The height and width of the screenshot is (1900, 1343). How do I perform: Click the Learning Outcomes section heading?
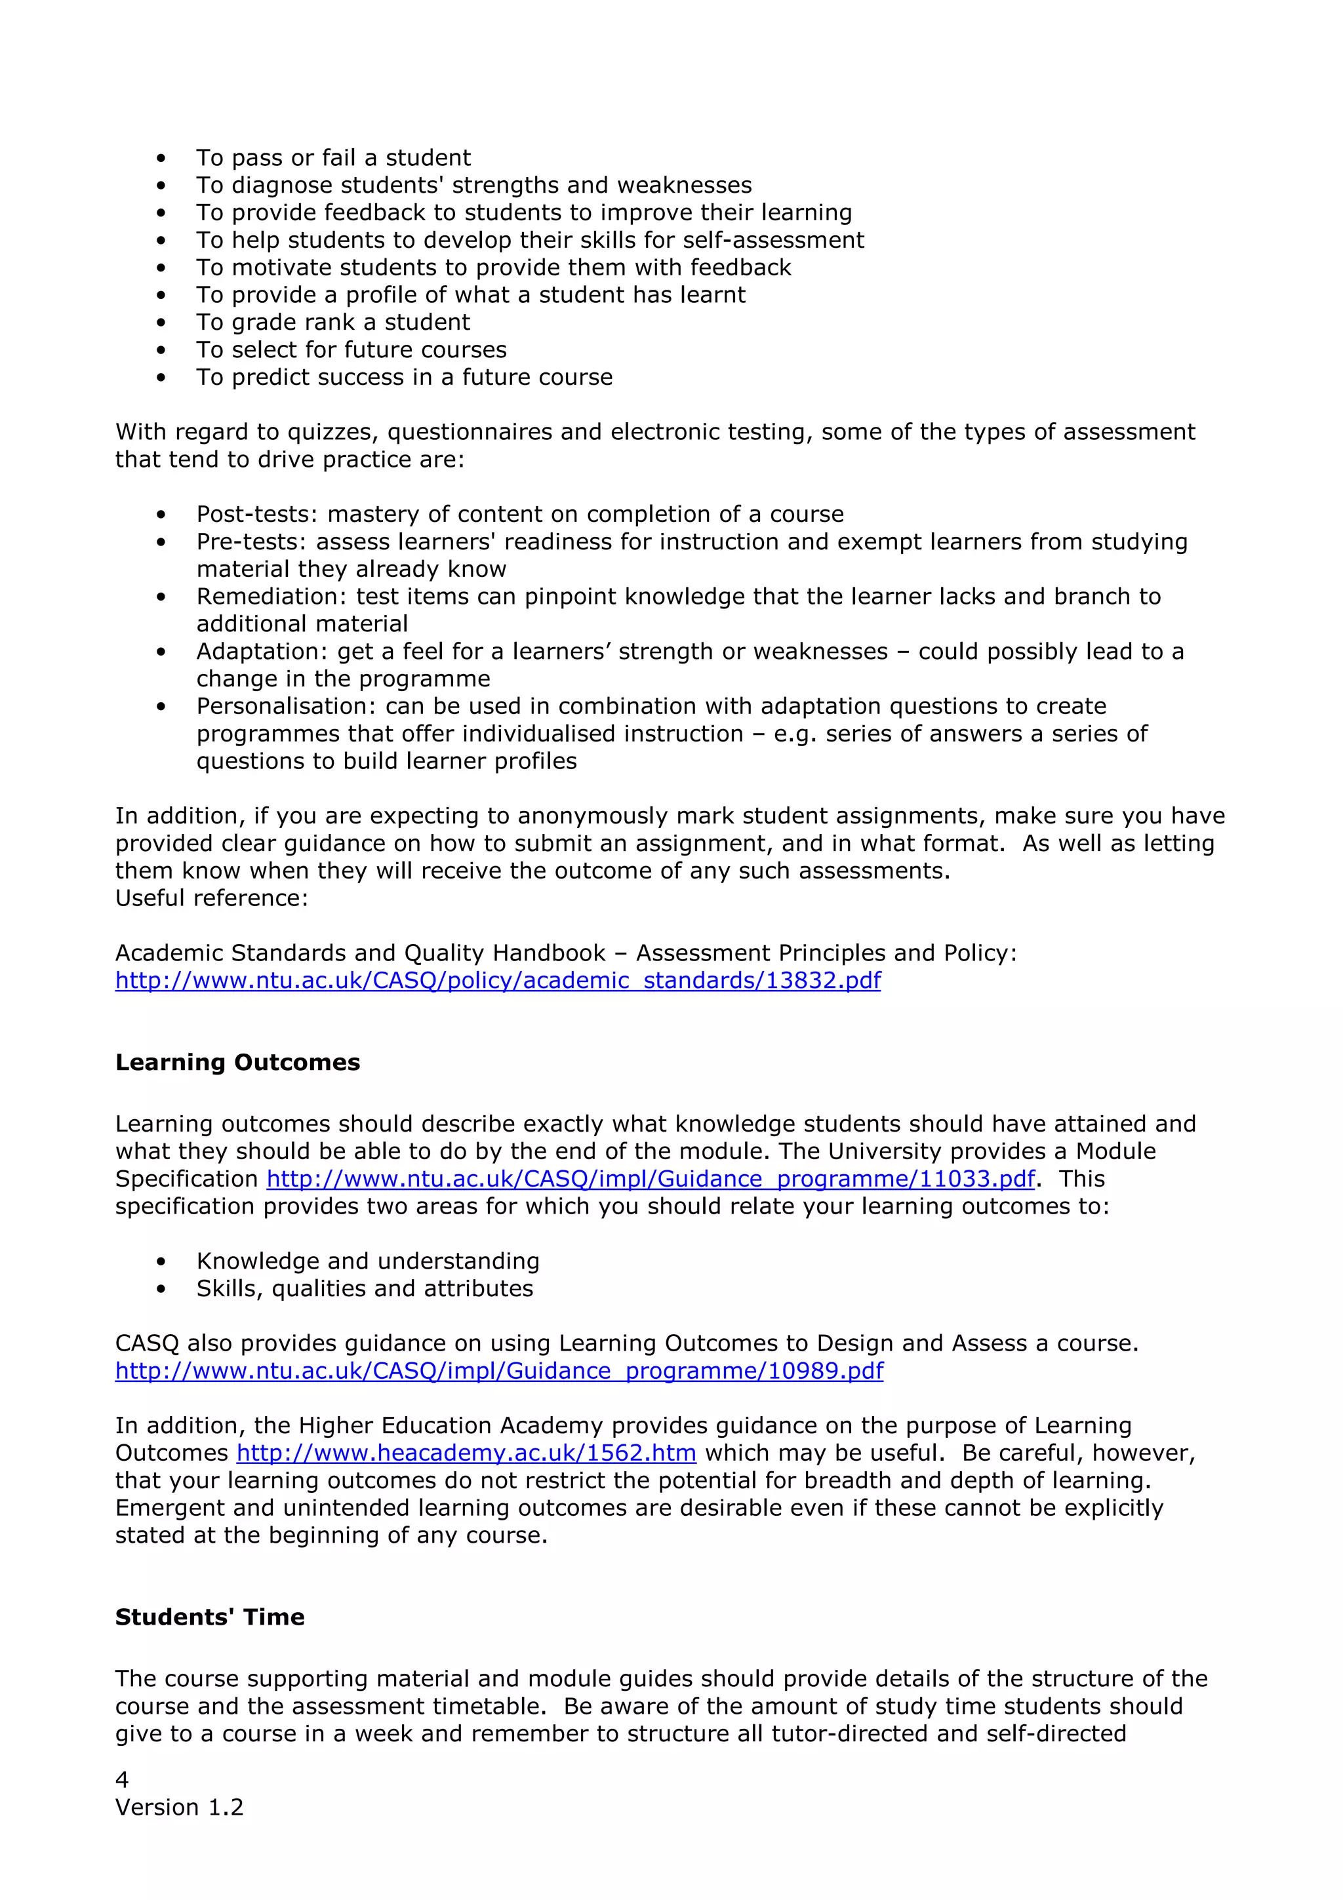pyautogui.click(x=237, y=1063)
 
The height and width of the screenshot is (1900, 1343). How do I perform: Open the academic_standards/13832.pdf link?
pyautogui.click(x=497, y=981)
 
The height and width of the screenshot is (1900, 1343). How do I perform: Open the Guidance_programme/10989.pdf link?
pyautogui.click(x=499, y=1371)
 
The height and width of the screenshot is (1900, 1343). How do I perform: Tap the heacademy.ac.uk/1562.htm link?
pyautogui.click(x=466, y=1453)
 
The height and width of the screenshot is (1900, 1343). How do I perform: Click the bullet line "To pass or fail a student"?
pyautogui.click(x=334, y=158)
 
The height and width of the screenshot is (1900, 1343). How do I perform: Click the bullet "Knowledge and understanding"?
pyautogui.click(x=367, y=1261)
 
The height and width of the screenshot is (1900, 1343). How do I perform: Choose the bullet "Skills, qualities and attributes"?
pyautogui.click(x=364, y=1288)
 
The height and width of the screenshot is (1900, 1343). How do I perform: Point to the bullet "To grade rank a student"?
pyautogui.click(x=332, y=323)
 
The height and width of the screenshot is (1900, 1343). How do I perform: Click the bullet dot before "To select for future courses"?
pyautogui.click(x=161, y=350)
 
